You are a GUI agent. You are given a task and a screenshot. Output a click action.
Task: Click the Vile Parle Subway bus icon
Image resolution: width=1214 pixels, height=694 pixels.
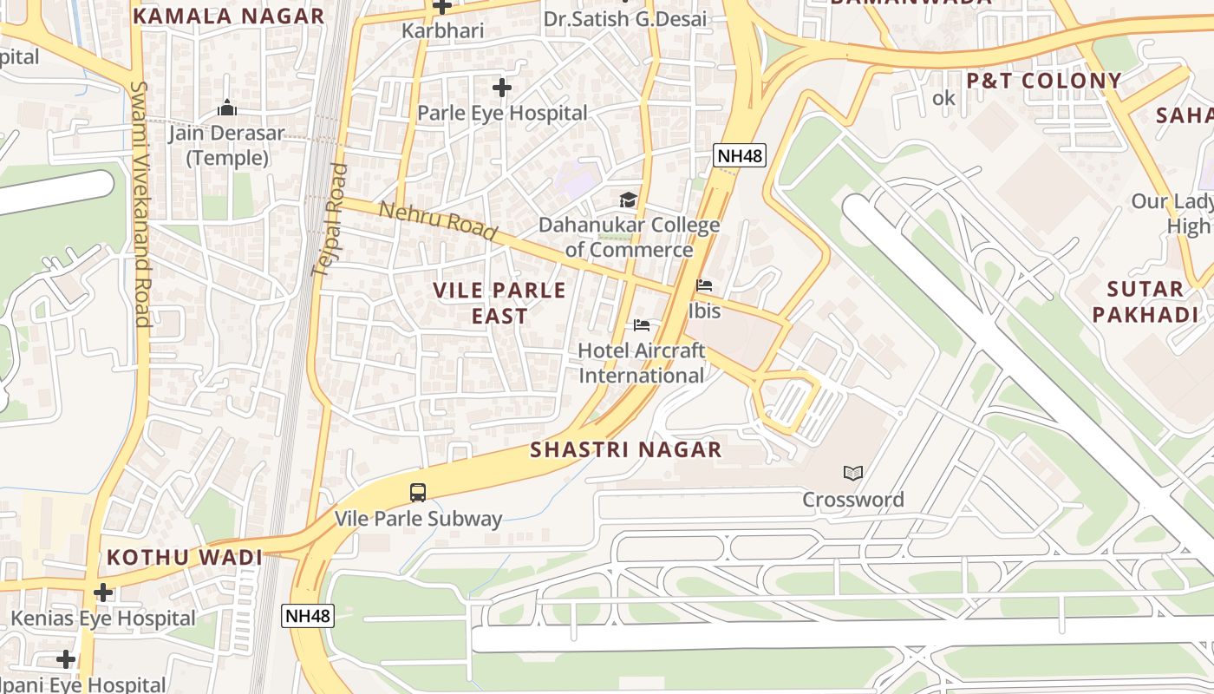(x=418, y=493)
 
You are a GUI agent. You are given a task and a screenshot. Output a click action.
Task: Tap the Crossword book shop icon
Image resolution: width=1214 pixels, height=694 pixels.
(x=853, y=473)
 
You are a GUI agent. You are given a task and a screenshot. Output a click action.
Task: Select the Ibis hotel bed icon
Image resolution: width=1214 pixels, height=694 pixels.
(x=704, y=285)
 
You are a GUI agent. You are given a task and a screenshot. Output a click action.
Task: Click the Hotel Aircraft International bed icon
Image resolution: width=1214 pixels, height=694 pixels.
(x=642, y=325)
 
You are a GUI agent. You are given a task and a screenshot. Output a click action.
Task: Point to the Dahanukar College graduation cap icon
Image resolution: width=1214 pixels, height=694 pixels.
(x=628, y=200)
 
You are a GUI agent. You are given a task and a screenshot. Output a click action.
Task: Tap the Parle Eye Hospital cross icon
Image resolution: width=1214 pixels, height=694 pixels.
(x=501, y=88)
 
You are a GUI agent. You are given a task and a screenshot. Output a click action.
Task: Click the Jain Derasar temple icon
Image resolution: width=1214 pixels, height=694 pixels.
(x=227, y=108)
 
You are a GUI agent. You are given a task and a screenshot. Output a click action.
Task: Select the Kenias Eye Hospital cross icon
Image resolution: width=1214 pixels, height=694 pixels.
(x=103, y=593)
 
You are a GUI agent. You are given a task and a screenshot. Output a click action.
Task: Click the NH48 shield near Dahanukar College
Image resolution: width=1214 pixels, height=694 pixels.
(x=739, y=155)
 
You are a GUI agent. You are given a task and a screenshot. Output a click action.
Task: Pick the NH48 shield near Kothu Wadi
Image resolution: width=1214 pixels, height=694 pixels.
(x=308, y=616)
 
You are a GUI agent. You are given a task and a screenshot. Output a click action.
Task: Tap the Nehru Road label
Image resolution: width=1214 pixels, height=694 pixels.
(x=438, y=220)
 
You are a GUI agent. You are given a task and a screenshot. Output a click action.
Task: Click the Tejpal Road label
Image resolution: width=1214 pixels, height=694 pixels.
(x=330, y=220)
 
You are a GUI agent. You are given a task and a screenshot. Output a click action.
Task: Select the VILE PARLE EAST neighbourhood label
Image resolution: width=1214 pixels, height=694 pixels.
(x=499, y=303)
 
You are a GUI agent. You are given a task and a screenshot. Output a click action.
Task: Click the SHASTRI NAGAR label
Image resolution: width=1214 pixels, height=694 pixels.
(x=625, y=449)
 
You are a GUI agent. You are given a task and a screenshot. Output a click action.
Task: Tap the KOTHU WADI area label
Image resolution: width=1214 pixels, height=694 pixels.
(x=184, y=557)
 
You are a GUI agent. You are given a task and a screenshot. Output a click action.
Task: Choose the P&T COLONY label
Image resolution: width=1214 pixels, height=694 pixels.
(x=1044, y=81)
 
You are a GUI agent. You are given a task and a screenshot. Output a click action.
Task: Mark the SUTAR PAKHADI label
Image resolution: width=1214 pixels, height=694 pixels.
(x=1145, y=302)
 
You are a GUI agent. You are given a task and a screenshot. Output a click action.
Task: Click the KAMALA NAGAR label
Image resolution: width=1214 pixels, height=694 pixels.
(x=229, y=16)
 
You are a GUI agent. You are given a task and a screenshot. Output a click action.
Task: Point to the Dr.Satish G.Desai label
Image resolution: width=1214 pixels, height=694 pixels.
(x=624, y=18)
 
